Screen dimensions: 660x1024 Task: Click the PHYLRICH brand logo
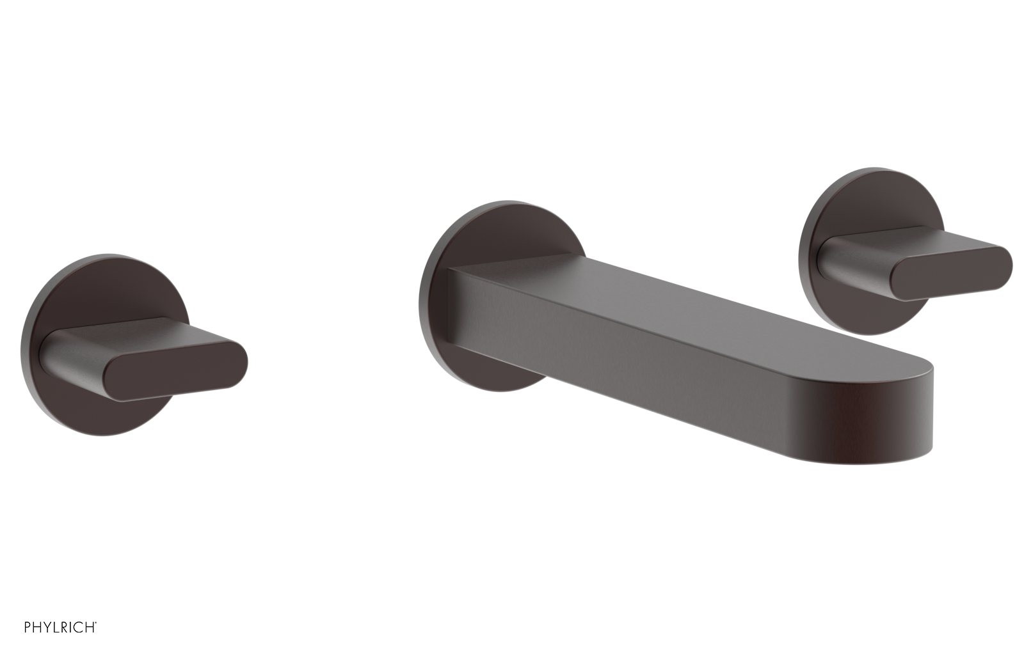(60, 627)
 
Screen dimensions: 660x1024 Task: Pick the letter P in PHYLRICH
(28, 627)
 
